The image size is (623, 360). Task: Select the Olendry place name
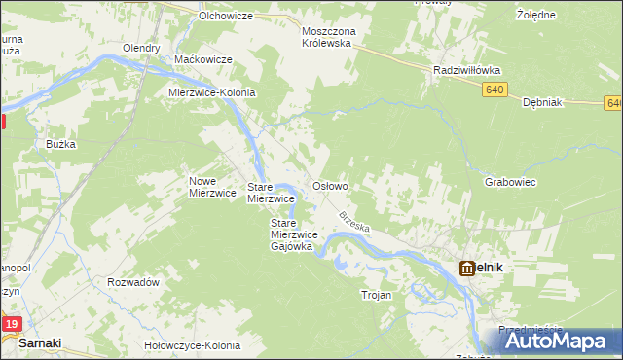141,48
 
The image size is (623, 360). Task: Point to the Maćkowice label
202,59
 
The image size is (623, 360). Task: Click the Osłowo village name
329,185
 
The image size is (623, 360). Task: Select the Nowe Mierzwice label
212,187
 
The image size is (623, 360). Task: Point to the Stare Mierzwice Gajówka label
291,234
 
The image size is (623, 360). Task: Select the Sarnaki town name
40,343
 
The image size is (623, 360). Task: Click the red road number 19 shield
11,324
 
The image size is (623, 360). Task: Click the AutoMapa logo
560,341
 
